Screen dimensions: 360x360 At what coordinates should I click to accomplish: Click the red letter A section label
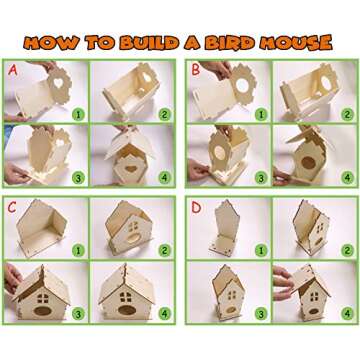13,72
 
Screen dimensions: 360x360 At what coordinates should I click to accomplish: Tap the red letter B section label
197,72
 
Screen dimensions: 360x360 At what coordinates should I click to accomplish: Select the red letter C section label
13,208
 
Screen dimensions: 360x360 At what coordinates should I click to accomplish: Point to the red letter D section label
197,208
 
